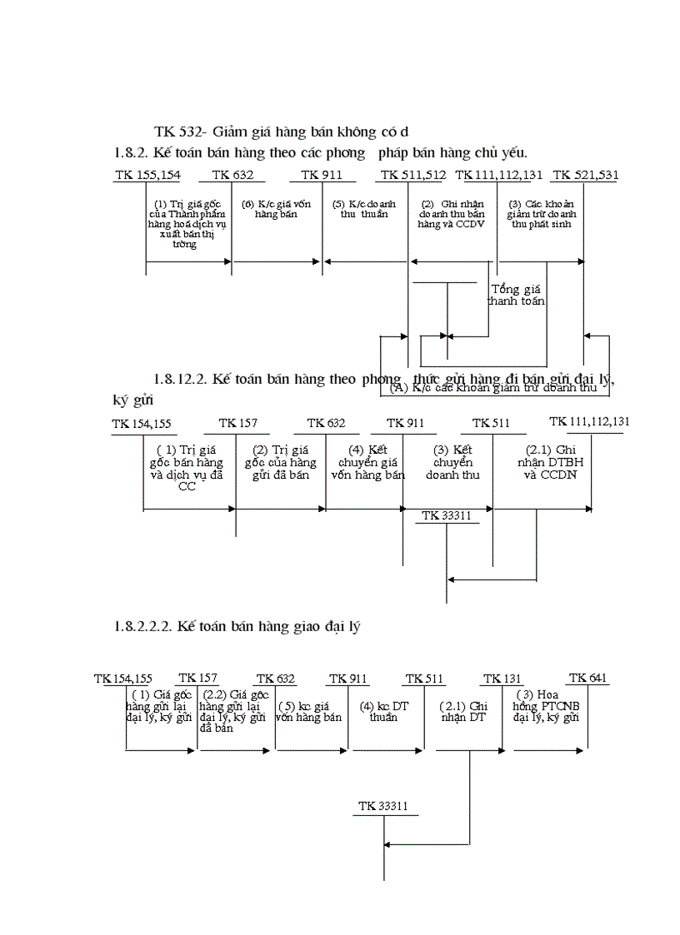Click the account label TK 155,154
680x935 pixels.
[147, 175]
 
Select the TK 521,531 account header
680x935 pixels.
[585, 175]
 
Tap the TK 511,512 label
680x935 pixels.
[412, 175]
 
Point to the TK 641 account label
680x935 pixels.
[587, 678]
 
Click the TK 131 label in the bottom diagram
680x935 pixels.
[502, 679]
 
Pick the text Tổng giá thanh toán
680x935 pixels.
[517, 296]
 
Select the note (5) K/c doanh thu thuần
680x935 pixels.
[365, 209]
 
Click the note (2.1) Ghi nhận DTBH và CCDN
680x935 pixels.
[542, 463]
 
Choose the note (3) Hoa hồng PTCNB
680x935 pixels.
[546, 706]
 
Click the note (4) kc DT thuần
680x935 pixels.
[384, 711]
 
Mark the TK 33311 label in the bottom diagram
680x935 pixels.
[383, 806]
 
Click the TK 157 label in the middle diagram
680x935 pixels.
[237, 423]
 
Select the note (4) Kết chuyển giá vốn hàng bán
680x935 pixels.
[367, 463]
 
